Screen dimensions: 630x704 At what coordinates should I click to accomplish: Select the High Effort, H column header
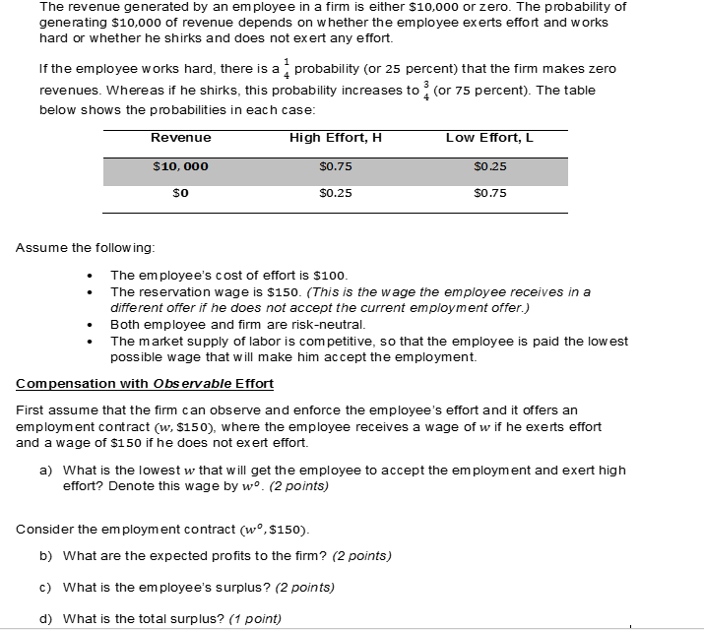pos(335,138)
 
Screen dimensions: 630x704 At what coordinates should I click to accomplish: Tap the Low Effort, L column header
pos(489,138)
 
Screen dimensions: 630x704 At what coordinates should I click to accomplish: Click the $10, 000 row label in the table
pos(180,166)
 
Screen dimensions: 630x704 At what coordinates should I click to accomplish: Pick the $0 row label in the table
pos(180,194)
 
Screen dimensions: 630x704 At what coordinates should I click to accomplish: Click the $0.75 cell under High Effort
pos(336,166)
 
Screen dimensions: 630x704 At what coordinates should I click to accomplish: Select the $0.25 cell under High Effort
pos(336,194)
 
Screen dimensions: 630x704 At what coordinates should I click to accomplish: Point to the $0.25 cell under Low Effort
pos(489,166)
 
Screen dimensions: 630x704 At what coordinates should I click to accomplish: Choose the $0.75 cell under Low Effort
pos(489,194)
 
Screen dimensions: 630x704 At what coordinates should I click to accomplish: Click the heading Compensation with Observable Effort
pos(145,383)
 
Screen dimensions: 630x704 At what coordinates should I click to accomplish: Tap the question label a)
pos(45,471)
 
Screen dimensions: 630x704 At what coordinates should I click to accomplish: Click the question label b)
pos(45,556)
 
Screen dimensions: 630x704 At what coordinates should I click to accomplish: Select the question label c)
pos(45,588)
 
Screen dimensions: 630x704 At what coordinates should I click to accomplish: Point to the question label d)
pos(45,618)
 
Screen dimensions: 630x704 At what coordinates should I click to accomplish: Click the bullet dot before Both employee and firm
pos(91,324)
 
